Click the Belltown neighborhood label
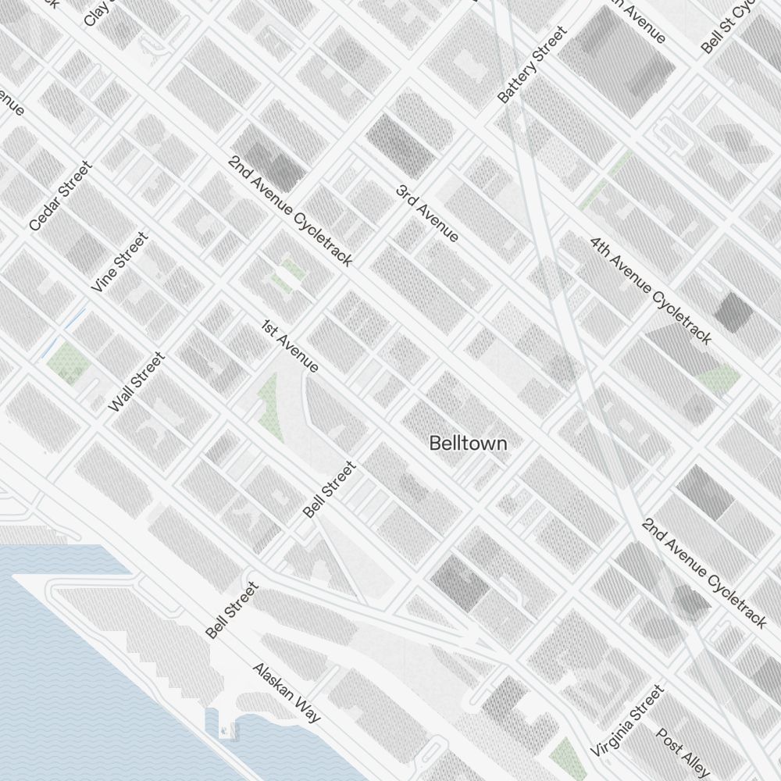click(x=468, y=443)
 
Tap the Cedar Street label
click(x=60, y=196)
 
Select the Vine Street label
click(x=119, y=262)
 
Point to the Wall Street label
click(x=137, y=382)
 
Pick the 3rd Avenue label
click(x=427, y=213)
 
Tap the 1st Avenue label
click(x=290, y=346)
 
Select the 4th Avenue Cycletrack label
click(x=651, y=291)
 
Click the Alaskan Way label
click(x=287, y=692)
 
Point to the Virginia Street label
click(x=627, y=721)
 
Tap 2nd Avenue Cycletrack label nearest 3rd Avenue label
click(x=291, y=210)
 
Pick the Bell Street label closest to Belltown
click(x=329, y=490)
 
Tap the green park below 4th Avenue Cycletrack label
click(x=719, y=378)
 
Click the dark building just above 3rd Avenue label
click(x=399, y=144)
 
